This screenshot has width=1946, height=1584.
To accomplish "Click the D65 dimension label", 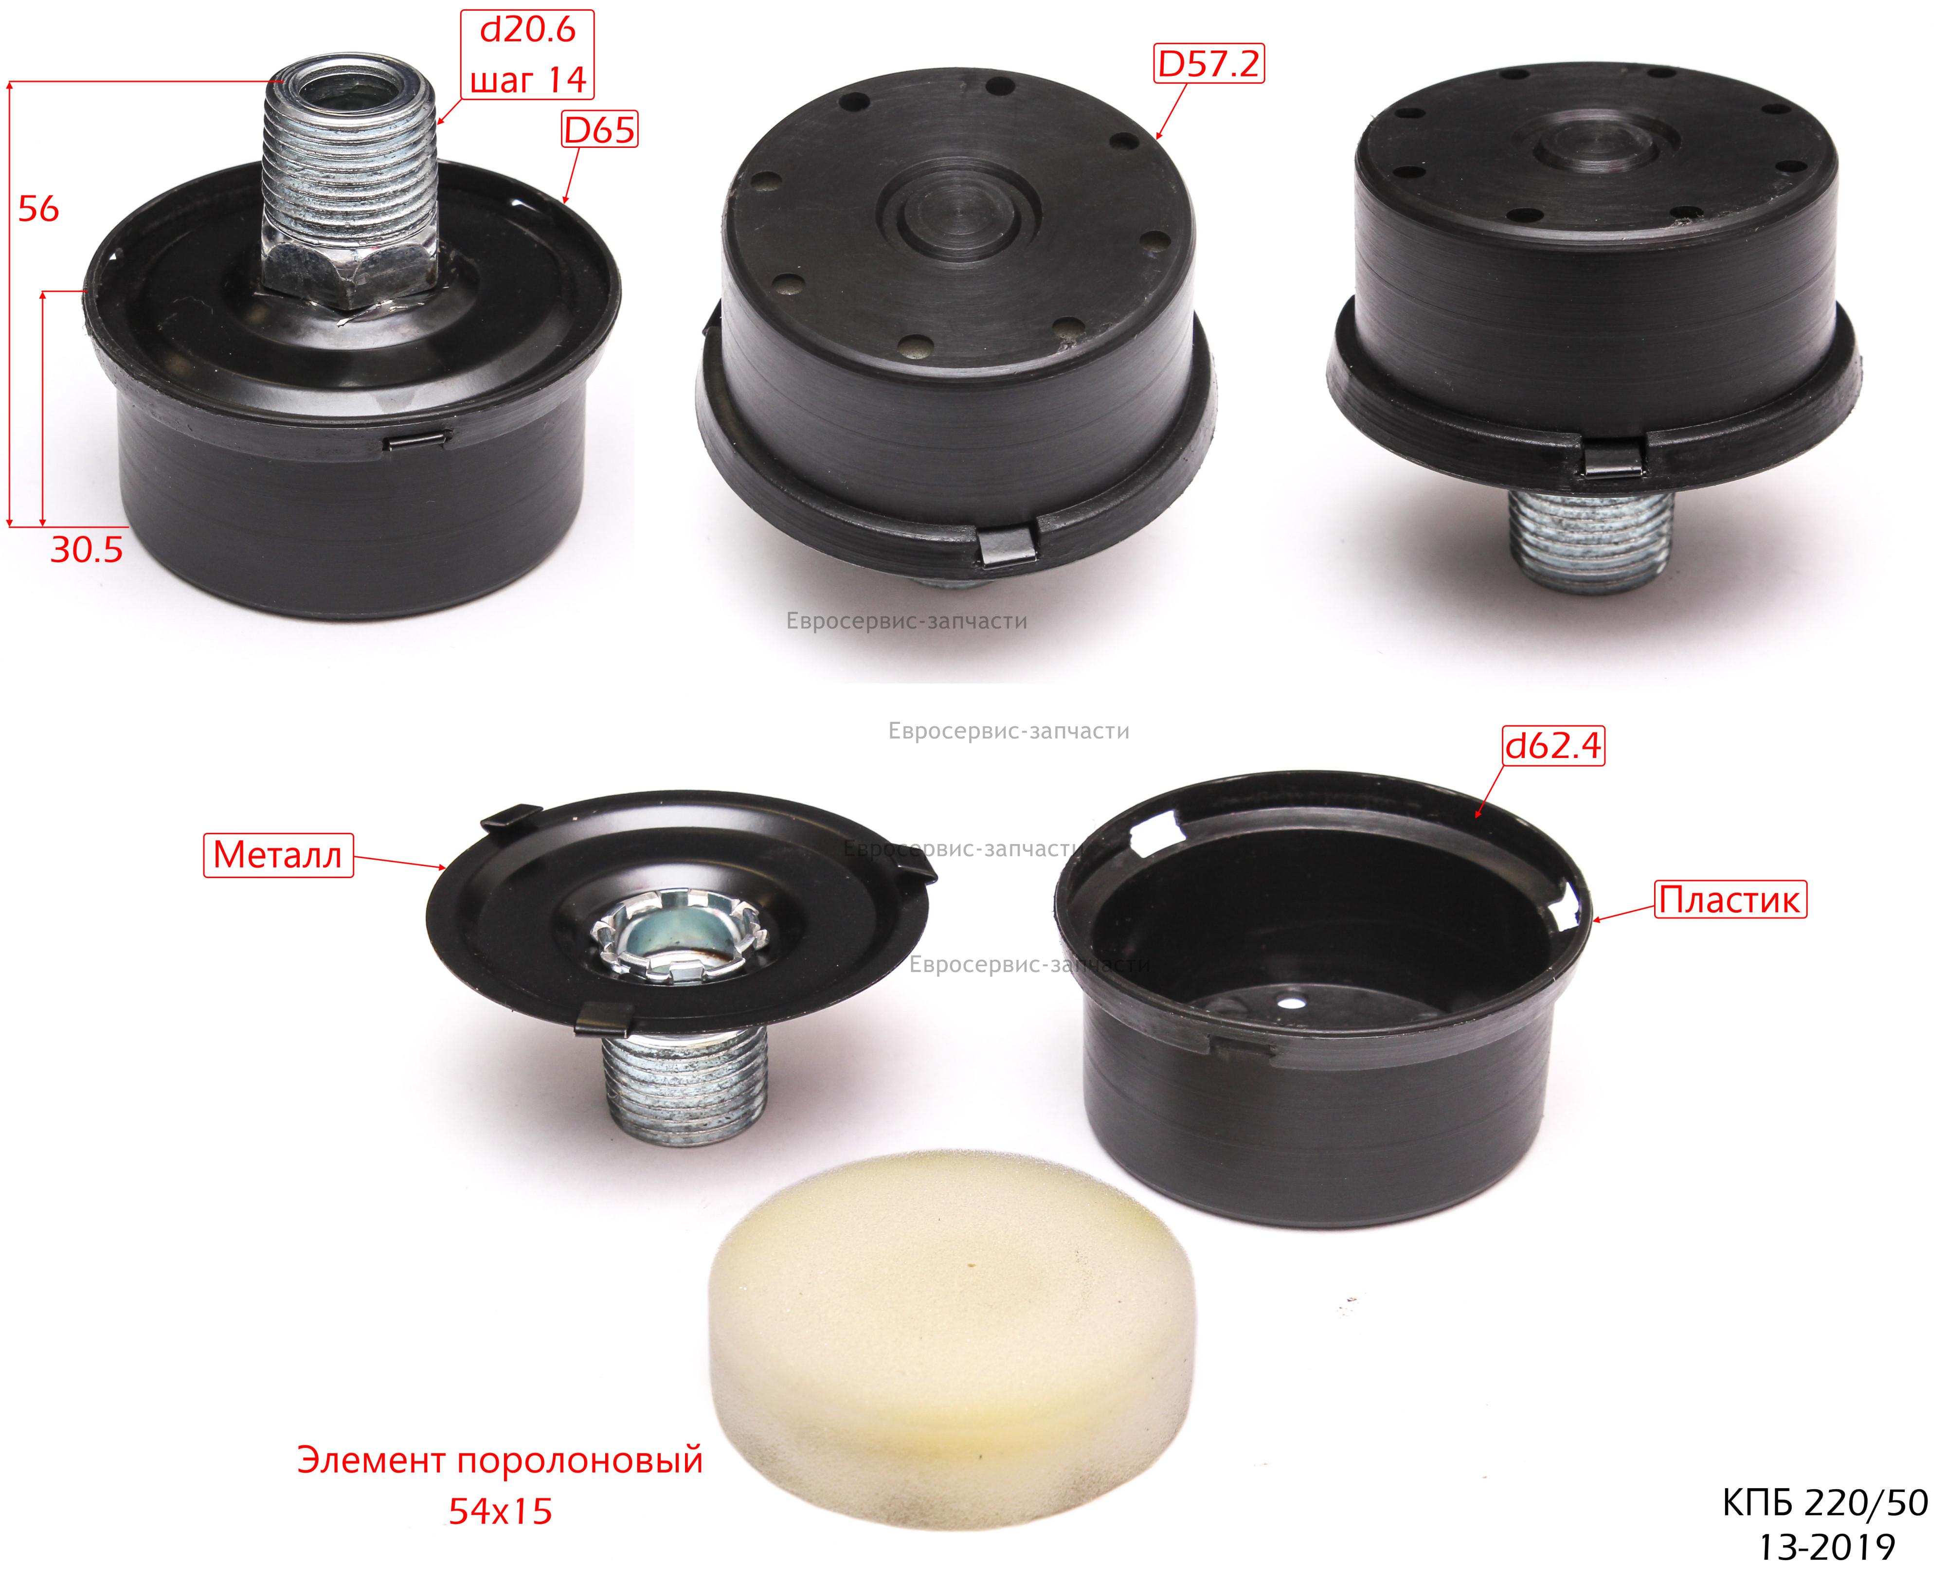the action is (x=598, y=130).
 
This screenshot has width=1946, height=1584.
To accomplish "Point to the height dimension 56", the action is (x=38, y=209).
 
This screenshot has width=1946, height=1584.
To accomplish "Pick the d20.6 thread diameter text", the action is (x=528, y=30).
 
